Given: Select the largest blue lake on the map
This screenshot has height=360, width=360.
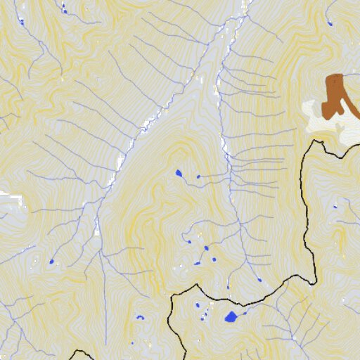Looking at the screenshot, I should point(231,317).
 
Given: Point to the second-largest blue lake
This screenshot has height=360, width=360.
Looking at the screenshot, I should point(179,173).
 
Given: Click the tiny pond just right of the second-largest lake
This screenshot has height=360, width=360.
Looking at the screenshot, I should point(198,176).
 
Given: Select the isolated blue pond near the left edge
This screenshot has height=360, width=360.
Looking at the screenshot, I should point(51,262).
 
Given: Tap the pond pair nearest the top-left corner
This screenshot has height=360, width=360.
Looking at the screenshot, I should point(64,9).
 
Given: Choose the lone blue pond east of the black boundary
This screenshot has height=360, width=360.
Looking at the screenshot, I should point(335,207).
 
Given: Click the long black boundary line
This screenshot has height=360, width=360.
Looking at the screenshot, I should point(307,211).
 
